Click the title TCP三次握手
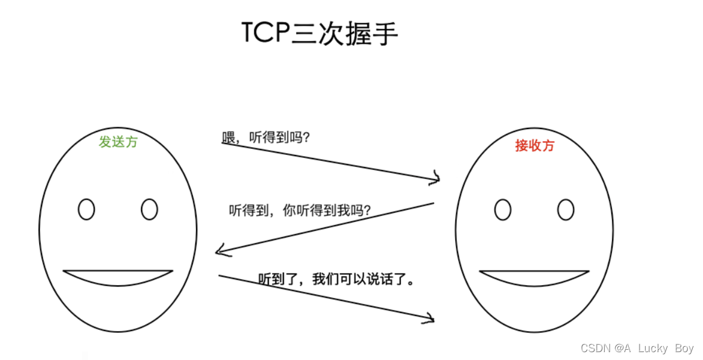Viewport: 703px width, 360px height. [x=320, y=34]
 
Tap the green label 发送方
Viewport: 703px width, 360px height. [x=118, y=142]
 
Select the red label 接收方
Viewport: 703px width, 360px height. [x=534, y=145]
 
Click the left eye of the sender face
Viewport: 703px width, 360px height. [x=87, y=209]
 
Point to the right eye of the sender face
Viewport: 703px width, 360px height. [x=150, y=209]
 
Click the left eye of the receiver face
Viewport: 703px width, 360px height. [x=503, y=210]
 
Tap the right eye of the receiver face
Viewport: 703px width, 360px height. [x=566, y=210]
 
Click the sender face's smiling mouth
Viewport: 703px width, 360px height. [x=118, y=277]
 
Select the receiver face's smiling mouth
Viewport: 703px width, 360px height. [x=534, y=278]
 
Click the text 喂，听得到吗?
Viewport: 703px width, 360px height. [x=266, y=137]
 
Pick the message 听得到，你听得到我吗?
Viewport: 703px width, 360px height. [x=300, y=210]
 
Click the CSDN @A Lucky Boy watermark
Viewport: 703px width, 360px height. [x=637, y=349]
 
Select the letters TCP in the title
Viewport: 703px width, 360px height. [x=265, y=34]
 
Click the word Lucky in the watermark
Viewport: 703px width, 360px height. [x=653, y=349]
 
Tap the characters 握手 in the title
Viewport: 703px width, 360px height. [x=372, y=34]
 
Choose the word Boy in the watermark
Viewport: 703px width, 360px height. [x=684, y=349]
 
